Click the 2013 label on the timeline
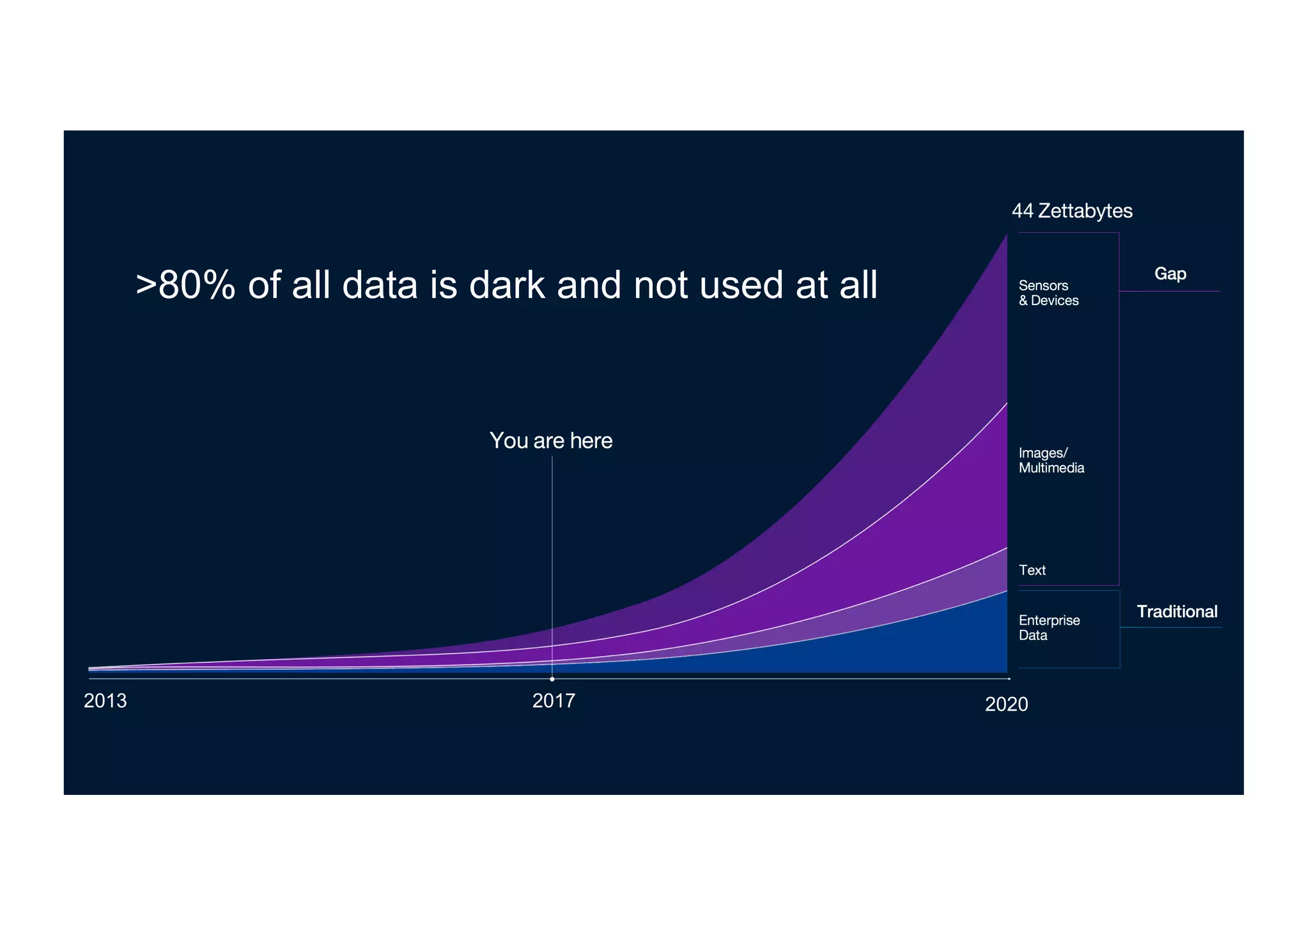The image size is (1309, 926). (x=105, y=701)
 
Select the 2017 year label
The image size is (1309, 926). (x=554, y=701)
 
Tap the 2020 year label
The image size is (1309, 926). (x=1006, y=704)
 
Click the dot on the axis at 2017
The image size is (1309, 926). (x=552, y=679)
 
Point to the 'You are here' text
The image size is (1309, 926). (x=551, y=441)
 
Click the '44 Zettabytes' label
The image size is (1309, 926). (x=1072, y=211)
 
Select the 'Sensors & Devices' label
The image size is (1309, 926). (x=1048, y=293)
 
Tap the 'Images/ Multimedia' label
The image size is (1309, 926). (x=1051, y=460)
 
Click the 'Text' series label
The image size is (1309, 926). (x=1032, y=570)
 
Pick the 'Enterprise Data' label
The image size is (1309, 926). (x=1049, y=627)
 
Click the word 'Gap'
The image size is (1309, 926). (x=1170, y=274)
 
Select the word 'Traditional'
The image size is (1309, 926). (x=1177, y=611)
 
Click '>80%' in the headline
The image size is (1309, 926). (x=185, y=285)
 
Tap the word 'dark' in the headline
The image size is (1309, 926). (x=507, y=285)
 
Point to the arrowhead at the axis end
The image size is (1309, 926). (x=1009, y=678)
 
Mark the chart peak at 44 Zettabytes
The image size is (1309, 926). (x=1007, y=235)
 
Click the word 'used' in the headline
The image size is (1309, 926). (x=742, y=285)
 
